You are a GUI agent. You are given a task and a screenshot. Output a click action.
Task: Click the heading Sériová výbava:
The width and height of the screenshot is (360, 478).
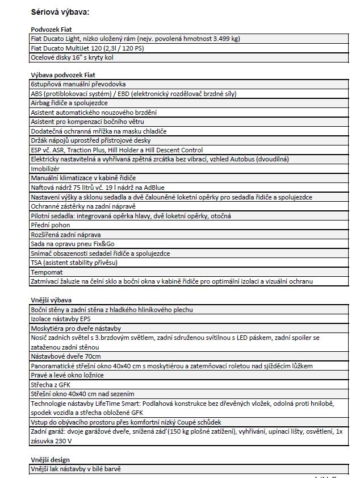(x=59, y=11)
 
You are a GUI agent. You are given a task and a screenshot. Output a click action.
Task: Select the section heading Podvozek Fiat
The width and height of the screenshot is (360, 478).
(x=51, y=29)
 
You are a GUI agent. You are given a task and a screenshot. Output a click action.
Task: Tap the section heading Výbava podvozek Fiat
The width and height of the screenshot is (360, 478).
(x=63, y=74)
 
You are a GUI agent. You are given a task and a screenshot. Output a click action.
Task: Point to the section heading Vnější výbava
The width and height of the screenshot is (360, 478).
(x=51, y=300)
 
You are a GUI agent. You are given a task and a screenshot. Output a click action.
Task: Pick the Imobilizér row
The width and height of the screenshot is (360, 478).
(x=45, y=169)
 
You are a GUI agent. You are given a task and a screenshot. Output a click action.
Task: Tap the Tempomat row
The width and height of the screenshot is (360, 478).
(x=47, y=272)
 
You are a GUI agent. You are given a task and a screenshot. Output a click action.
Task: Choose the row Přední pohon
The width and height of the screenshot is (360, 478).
(x=51, y=225)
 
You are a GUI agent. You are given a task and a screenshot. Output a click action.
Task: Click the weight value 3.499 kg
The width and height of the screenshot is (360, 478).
(x=225, y=39)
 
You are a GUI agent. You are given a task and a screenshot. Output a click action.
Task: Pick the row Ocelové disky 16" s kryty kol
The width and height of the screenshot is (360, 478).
(x=74, y=57)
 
